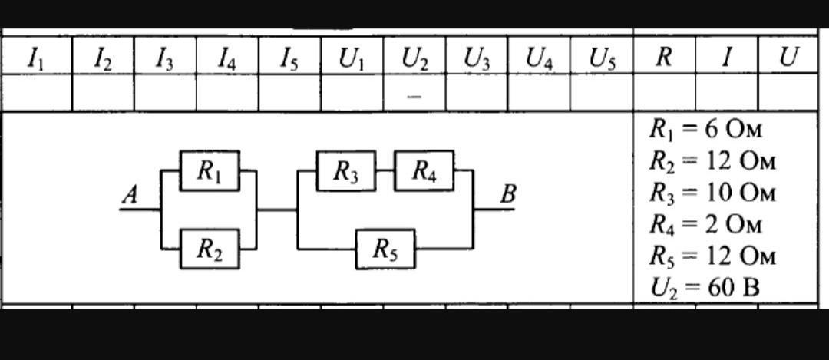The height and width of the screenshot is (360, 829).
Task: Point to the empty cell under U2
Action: click(x=414, y=93)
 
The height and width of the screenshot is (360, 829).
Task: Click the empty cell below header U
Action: click(x=788, y=93)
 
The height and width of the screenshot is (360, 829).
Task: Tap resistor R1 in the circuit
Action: click(x=210, y=170)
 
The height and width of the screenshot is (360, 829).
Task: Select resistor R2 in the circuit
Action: click(x=210, y=249)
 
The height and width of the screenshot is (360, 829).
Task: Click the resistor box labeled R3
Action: click(x=346, y=170)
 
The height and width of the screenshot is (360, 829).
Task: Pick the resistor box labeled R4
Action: click(x=424, y=170)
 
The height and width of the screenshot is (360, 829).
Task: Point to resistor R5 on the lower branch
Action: click(x=385, y=249)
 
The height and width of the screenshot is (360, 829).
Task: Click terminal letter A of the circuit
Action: click(x=130, y=197)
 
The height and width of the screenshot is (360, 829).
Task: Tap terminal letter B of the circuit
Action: click(x=507, y=195)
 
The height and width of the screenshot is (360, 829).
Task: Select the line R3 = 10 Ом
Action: click(x=712, y=193)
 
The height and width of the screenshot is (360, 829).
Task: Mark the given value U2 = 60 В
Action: click(x=705, y=289)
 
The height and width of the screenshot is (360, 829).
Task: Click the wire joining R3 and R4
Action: click(x=385, y=170)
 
